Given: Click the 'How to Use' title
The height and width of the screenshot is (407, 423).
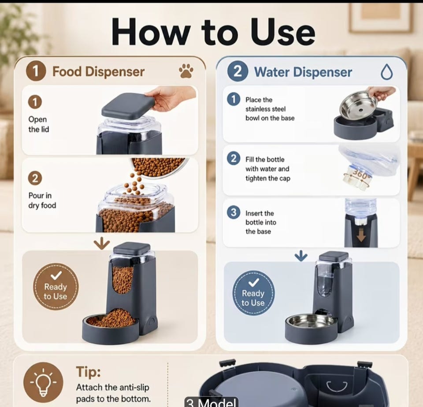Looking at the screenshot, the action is pyautogui.click(x=213, y=32).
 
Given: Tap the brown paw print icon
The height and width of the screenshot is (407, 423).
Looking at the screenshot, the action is pyautogui.click(x=186, y=71).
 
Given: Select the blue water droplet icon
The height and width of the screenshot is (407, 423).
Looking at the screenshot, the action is pyautogui.click(x=386, y=72).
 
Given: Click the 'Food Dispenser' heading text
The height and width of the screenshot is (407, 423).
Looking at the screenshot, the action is pyautogui.click(x=98, y=72).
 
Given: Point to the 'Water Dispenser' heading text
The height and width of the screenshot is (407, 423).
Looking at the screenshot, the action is pyautogui.click(x=303, y=72).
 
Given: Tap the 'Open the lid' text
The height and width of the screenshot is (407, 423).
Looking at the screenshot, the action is pyautogui.click(x=39, y=124).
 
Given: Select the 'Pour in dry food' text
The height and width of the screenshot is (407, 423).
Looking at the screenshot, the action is pyautogui.click(x=42, y=200).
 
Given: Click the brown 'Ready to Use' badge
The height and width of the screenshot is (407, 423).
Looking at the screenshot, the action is pyautogui.click(x=56, y=286).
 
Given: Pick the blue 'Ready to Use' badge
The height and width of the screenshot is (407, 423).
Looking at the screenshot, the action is pyautogui.click(x=253, y=293).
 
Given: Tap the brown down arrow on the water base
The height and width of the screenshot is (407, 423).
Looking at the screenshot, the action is pyautogui.click(x=361, y=235).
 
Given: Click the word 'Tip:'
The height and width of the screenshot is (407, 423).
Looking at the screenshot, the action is pyautogui.click(x=88, y=372).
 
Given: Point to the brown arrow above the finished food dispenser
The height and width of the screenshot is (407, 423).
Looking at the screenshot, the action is pyautogui.click(x=102, y=243).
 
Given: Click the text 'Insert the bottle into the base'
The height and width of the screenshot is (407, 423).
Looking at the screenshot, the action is pyautogui.click(x=261, y=222).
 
